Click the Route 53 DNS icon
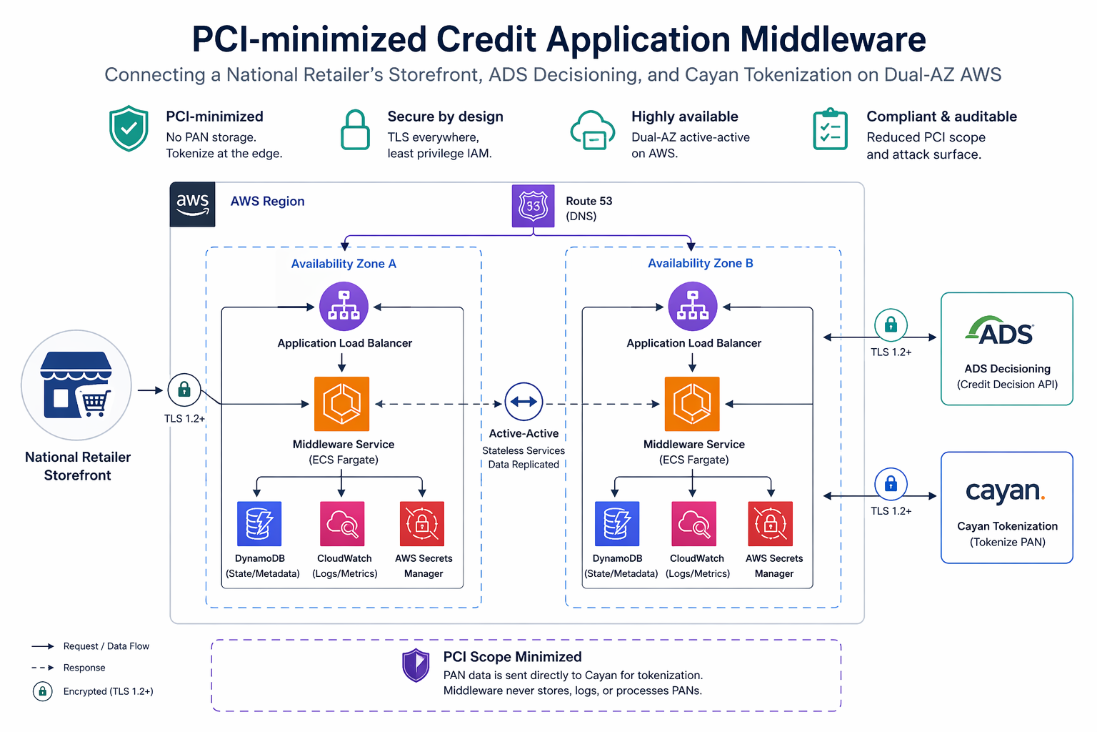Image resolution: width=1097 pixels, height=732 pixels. [x=533, y=206]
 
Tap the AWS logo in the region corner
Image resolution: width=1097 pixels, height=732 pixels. [x=192, y=204]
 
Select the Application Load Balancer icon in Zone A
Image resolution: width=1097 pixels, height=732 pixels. [x=344, y=306]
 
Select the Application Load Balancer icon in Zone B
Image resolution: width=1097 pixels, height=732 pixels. [x=692, y=306]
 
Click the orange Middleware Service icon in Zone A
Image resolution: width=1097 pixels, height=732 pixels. [x=342, y=404]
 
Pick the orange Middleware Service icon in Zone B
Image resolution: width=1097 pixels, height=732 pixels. [x=692, y=404]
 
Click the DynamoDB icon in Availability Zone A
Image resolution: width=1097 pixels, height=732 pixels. [x=259, y=524]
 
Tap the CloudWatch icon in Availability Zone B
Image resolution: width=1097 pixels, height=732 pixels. [x=693, y=524]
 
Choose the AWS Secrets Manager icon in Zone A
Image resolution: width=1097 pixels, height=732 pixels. [x=422, y=524]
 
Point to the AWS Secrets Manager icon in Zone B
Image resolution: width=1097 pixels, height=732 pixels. [x=770, y=524]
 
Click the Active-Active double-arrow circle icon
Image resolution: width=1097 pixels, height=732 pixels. [x=524, y=402]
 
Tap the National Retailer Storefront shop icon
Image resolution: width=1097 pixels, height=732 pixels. [x=76, y=385]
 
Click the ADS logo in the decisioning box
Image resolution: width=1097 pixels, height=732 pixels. [x=1000, y=331]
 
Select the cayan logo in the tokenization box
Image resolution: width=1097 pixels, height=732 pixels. [x=1005, y=491]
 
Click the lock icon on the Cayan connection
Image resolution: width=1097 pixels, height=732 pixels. [x=891, y=485]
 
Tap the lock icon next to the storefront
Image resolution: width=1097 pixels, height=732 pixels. [x=184, y=390]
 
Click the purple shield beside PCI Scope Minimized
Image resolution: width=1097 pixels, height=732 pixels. [x=416, y=666]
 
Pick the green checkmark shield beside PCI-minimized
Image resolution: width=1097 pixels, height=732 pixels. [x=129, y=129]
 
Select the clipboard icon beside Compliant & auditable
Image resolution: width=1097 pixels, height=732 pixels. [x=830, y=130]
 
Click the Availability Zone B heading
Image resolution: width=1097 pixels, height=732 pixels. [x=700, y=263]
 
